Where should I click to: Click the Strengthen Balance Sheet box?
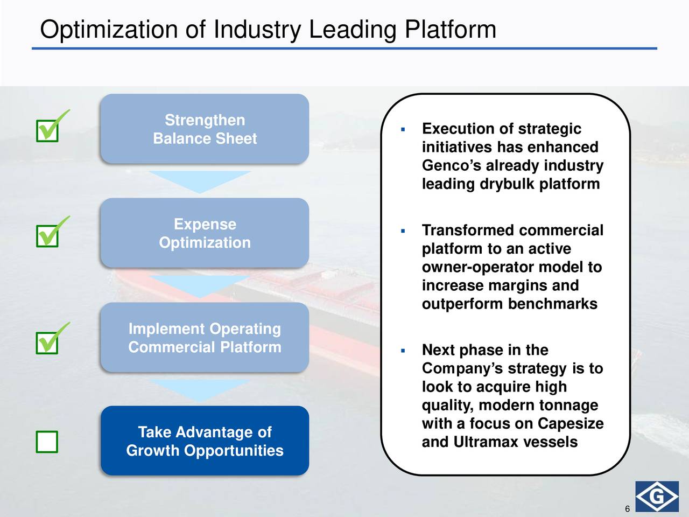tap(205, 129)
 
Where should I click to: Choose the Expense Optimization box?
tap(205, 233)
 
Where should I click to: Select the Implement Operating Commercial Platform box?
tap(205, 338)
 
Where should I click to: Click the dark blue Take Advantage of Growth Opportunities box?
tap(205, 441)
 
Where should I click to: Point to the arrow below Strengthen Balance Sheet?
tap(200, 181)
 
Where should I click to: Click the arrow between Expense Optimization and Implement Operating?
tap(200, 286)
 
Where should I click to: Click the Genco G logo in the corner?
tap(657, 497)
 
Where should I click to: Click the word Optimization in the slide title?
tap(109, 30)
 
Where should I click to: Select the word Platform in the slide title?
tap(451, 29)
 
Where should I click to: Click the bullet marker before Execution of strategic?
tap(403, 129)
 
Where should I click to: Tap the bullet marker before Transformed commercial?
tap(403, 231)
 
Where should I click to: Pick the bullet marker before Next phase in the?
tap(403, 351)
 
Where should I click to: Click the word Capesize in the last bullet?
tap(571, 424)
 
